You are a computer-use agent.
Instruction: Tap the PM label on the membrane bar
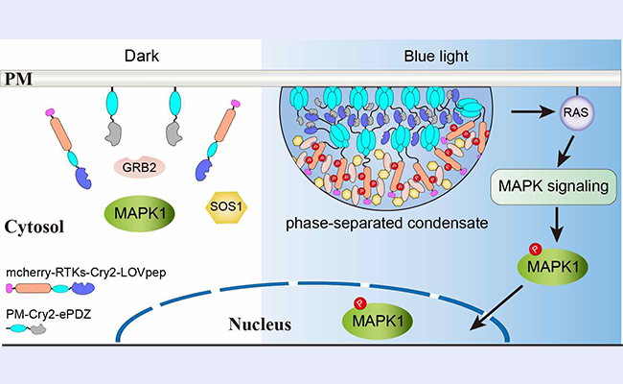[x=20, y=77]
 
